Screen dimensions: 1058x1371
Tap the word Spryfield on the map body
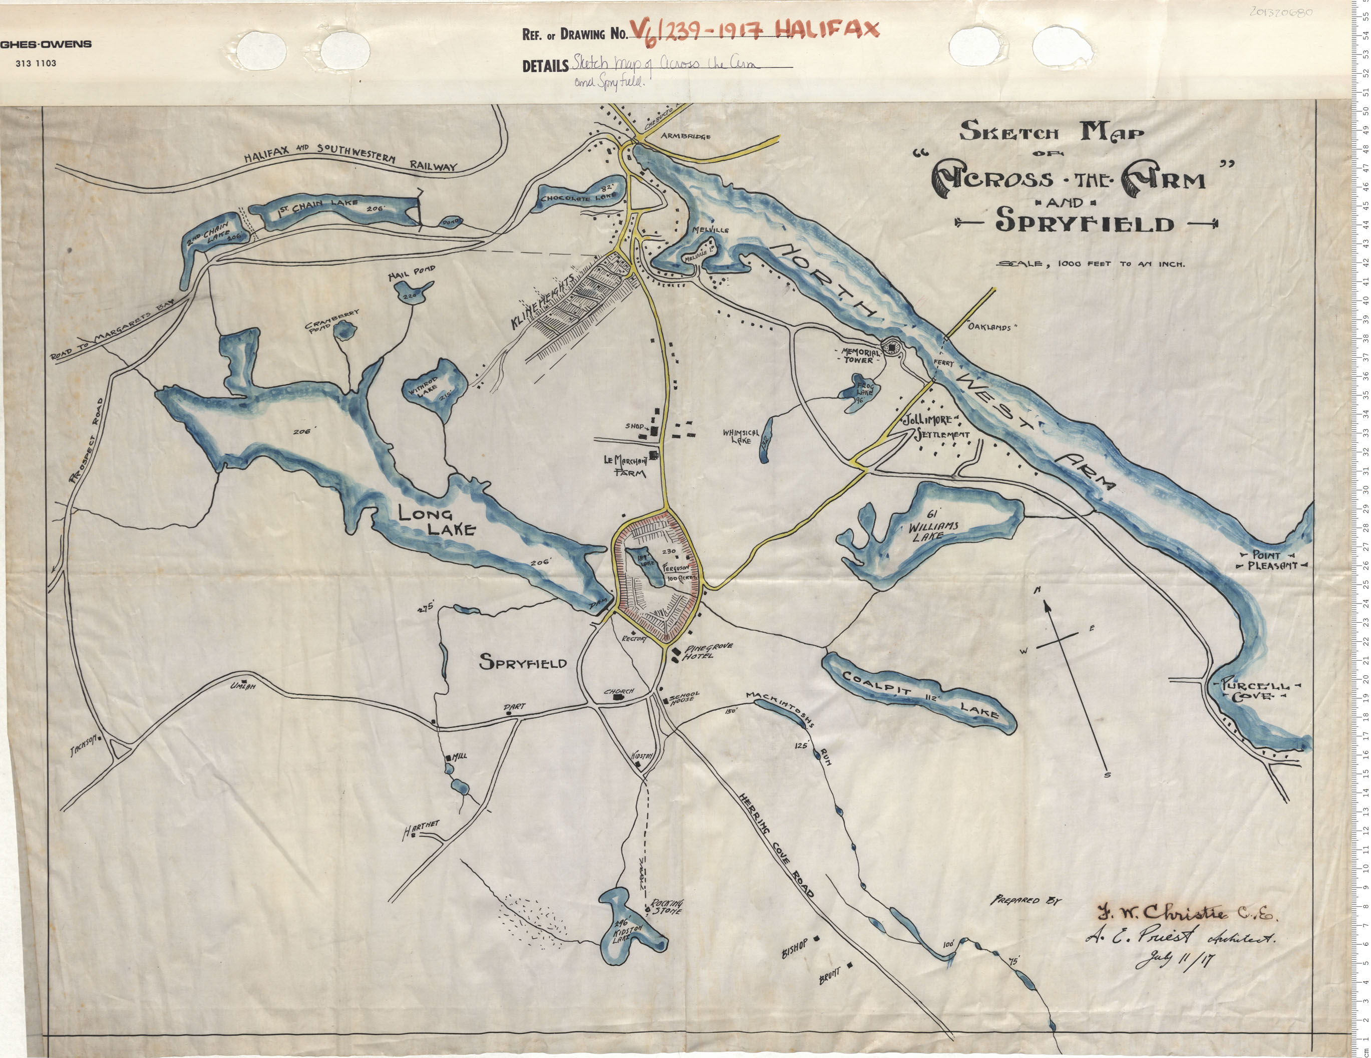click(532, 662)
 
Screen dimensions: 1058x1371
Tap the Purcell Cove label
click(1254, 690)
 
